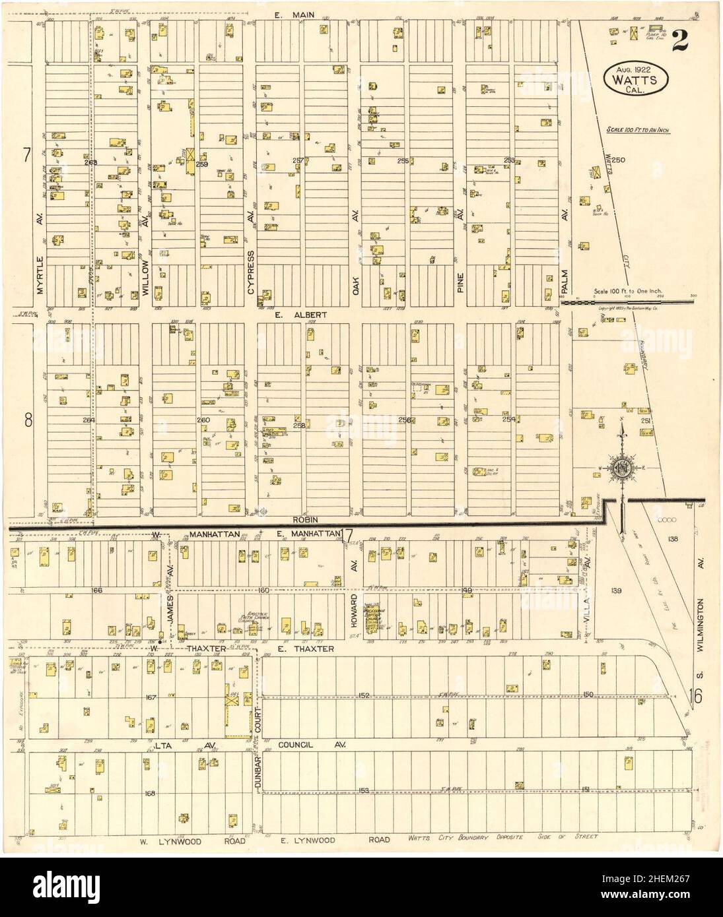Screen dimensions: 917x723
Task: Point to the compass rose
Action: point(623,468)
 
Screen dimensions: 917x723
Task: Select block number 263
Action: point(90,162)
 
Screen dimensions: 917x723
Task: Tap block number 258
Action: point(300,426)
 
